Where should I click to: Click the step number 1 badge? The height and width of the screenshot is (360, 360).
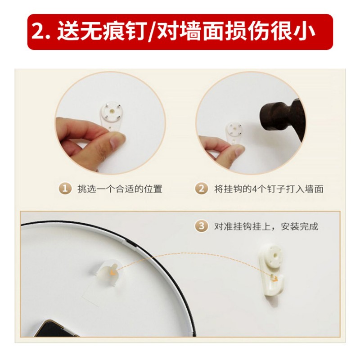point(66,189)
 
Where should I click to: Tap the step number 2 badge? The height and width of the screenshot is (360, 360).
point(202,189)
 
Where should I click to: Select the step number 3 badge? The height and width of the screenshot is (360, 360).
point(202,226)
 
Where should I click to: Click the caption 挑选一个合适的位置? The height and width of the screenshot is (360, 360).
point(120,189)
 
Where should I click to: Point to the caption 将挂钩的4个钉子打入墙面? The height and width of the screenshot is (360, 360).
point(268,189)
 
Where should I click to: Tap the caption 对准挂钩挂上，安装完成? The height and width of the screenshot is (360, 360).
point(266,226)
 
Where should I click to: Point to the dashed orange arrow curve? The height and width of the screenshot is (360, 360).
point(189,258)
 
